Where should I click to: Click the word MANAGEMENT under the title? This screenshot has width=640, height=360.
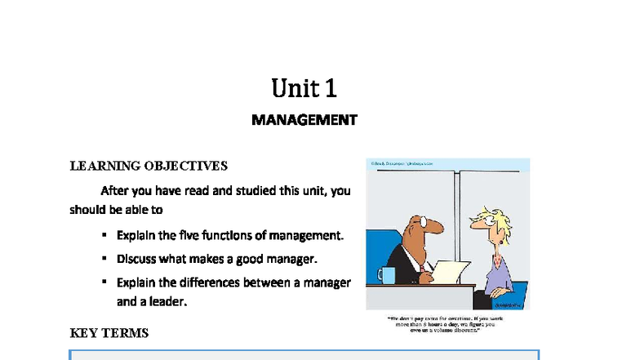click(x=304, y=120)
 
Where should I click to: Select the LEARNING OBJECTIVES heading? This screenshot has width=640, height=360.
click(x=149, y=167)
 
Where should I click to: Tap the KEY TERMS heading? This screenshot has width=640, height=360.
click(x=109, y=333)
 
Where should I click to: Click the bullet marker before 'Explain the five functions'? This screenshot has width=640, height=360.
click(x=104, y=235)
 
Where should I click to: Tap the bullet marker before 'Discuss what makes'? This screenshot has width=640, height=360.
click(x=104, y=259)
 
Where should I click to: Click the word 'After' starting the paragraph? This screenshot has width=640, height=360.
click(x=115, y=191)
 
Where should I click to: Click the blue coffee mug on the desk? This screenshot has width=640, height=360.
click(x=386, y=273)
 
